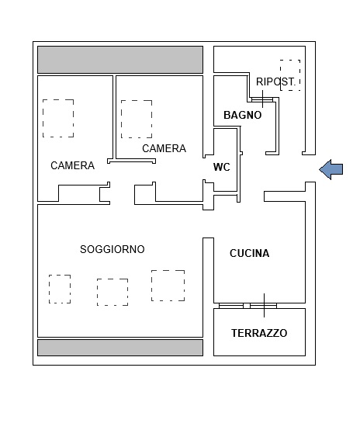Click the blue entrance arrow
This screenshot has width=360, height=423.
pyautogui.click(x=331, y=170)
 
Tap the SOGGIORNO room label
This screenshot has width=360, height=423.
pyautogui.click(x=112, y=249)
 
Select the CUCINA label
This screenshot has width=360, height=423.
pyautogui.click(x=249, y=253)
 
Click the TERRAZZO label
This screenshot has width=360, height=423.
pyautogui.click(x=259, y=333)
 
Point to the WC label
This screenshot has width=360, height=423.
pyautogui.click(x=222, y=167)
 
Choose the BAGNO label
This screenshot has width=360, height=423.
pyautogui.click(x=243, y=115)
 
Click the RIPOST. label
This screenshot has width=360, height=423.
pyautogui.click(x=275, y=81)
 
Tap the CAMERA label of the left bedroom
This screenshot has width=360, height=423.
pyautogui.click(x=72, y=165)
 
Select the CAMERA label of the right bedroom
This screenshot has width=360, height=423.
pyautogui.click(x=164, y=148)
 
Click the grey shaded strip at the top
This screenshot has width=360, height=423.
pyautogui.click(x=120, y=60)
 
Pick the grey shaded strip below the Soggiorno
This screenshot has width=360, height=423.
pyautogui.click(x=120, y=348)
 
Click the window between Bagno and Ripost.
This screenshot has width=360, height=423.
pyautogui.click(x=262, y=99)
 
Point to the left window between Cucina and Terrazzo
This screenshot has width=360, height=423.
pyautogui.click(x=231, y=306)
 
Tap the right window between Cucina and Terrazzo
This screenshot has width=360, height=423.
pyautogui.click(x=264, y=306)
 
